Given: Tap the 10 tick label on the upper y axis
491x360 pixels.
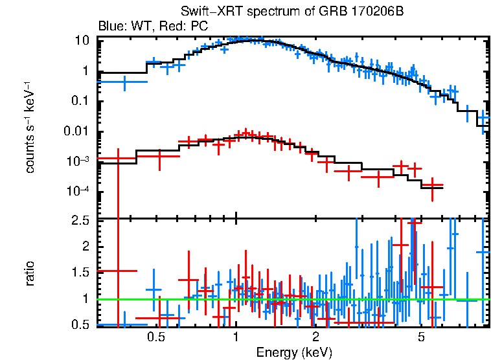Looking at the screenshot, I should tap(82, 40).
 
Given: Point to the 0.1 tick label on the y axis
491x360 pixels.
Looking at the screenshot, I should tap(79, 101).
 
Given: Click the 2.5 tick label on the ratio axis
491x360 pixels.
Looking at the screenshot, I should tap(80, 220).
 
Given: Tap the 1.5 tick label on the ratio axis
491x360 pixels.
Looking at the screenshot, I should tap(80, 273).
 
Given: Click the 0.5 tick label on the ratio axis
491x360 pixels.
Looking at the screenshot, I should tap(80, 324).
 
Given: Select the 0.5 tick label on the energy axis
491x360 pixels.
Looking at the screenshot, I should tap(155, 338).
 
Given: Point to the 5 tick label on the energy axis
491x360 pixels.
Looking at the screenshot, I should tap(421, 338).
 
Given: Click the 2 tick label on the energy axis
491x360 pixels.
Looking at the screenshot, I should tap(315, 338).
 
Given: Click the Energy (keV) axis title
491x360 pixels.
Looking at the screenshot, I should tap(294, 352).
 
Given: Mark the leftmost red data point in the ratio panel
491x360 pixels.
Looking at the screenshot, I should tap(118, 270).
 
